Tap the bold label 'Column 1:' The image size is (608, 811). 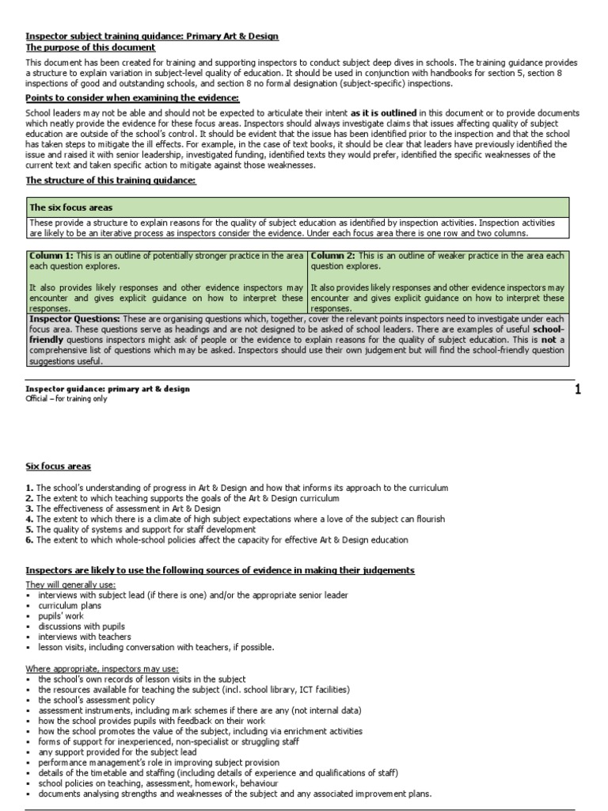[x=51, y=256]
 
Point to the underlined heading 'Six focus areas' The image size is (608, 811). [x=58, y=466]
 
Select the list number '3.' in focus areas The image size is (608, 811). [x=29, y=508]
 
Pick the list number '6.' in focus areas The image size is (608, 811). [x=29, y=539]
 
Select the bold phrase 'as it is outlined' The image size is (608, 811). [x=384, y=113]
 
